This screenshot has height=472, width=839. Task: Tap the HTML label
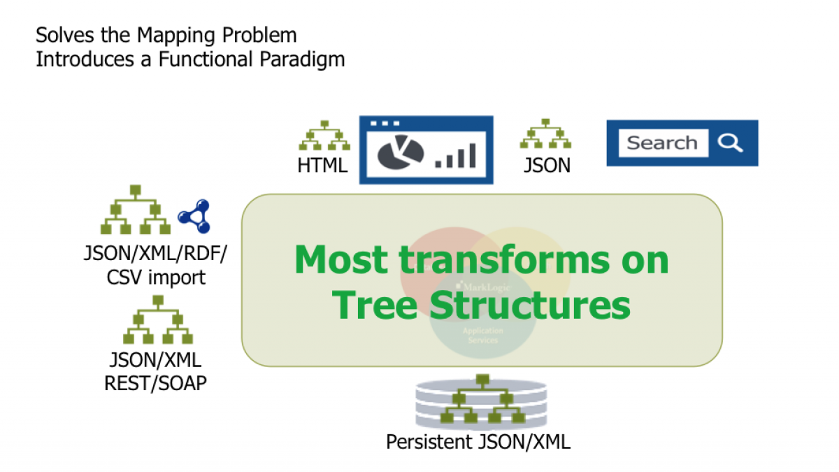pyautogui.click(x=322, y=166)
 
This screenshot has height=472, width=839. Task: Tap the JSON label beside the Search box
pyautogui.click(x=547, y=166)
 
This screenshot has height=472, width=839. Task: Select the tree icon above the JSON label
pyautogui.click(x=546, y=134)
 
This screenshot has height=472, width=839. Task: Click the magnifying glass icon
pyautogui.click(x=730, y=143)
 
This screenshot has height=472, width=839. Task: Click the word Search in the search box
pyautogui.click(x=661, y=143)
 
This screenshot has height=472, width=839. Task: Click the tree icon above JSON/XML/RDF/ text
pyautogui.click(x=136, y=210)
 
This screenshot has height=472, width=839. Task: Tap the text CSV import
pyautogui.click(x=156, y=277)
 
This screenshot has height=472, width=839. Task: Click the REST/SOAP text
pyautogui.click(x=155, y=383)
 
